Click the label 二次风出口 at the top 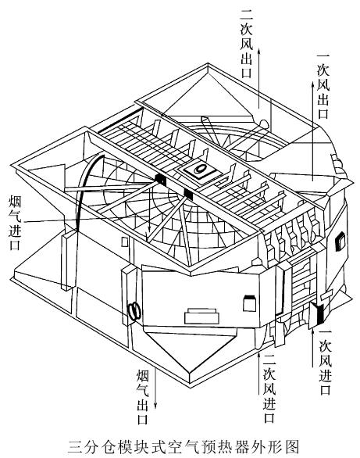(247, 43)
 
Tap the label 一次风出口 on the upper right (323, 86)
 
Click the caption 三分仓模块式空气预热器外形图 (184, 446)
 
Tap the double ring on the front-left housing (134, 311)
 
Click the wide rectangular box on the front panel (201, 317)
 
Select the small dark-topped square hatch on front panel (249, 303)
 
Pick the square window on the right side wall (340, 242)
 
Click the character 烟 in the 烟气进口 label (15, 202)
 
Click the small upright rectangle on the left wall (125, 242)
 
